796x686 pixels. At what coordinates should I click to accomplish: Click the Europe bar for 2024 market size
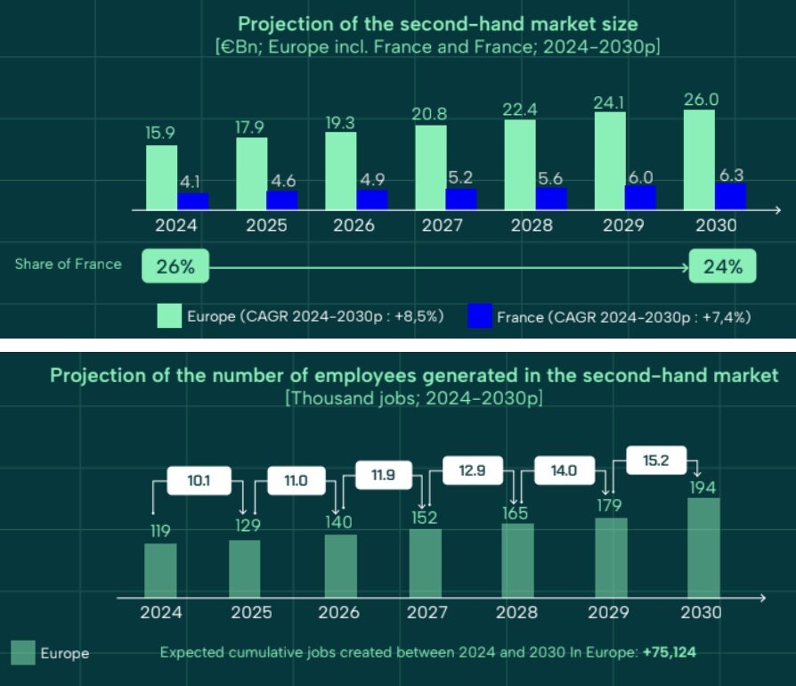pyautogui.click(x=161, y=177)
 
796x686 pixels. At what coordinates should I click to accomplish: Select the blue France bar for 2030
pyautogui.click(x=730, y=196)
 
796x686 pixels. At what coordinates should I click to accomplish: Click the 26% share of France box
pyautogui.click(x=175, y=266)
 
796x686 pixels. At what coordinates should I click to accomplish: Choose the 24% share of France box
pyautogui.click(x=722, y=266)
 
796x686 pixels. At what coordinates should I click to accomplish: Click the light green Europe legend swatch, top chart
pyautogui.click(x=169, y=315)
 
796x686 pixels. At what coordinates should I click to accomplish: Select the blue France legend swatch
pyautogui.click(x=480, y=315)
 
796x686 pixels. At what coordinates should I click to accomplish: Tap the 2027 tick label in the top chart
pyautogui.click(x=443, y=225)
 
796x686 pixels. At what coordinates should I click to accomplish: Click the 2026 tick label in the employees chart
pyautogui.click(x=338, y=613)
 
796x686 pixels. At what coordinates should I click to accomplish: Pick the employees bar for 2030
pyautogui.click(x=703, y=547)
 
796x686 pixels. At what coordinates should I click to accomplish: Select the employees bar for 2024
pyautogui.click(x=160, y=570)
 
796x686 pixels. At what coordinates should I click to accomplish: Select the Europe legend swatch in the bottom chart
pyautogui.click(x=23, y=653)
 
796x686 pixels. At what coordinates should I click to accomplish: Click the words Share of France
pyautogui.click(x=68, y=265)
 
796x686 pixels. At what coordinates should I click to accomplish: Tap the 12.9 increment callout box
pyautogui.click(x=471, y=470)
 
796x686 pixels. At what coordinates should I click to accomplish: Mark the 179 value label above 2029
pyautogui.click(x=611, y=507)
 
